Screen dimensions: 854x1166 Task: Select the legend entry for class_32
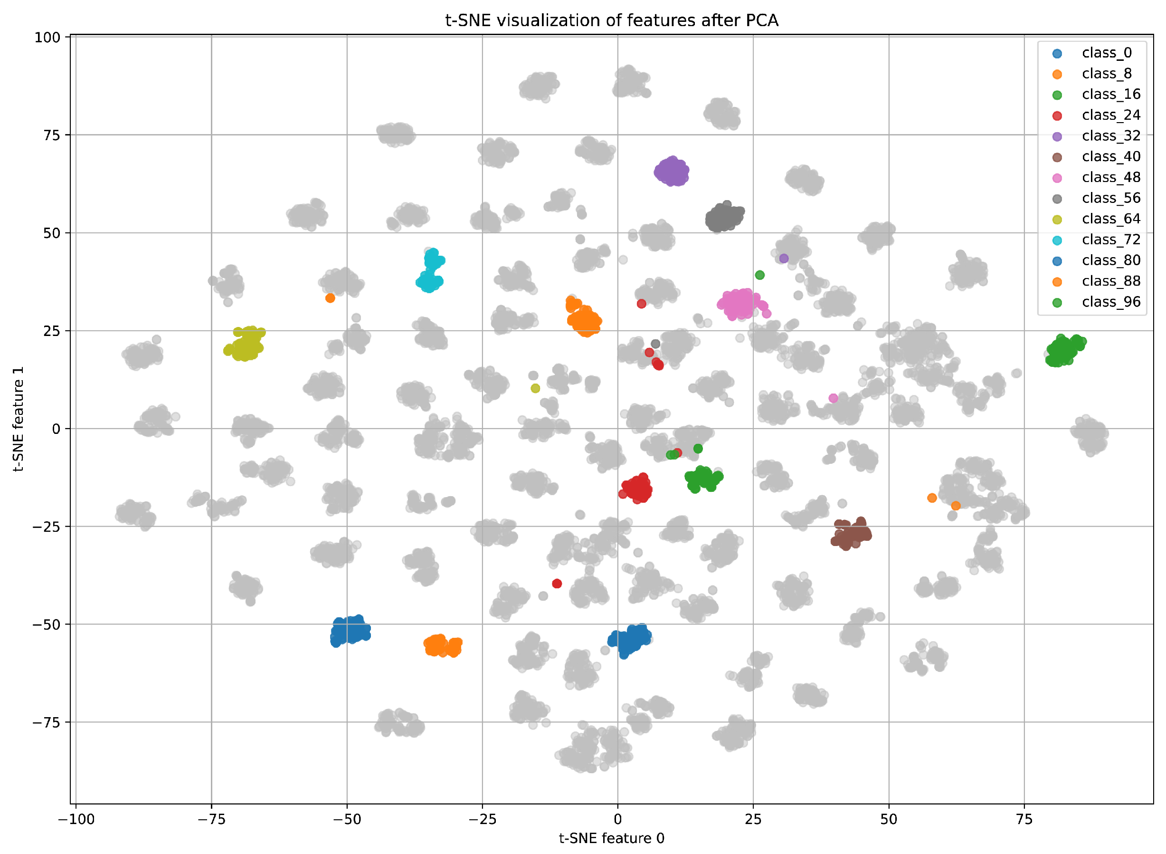pos(1111,136)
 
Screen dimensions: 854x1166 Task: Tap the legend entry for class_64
pos(1111,219)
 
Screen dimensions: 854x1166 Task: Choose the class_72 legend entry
pos(1111,240)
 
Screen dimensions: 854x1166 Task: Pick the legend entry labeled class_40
pos(1111,157)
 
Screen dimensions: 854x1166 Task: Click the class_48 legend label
pos(1111,177)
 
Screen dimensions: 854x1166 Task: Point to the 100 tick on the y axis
pos(47,38)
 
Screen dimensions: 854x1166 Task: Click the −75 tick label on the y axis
pos(46,723)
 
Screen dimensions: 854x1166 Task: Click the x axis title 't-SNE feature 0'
pos(611,838)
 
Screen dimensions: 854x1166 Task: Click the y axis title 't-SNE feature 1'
pos(19,419)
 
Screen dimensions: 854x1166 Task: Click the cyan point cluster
pos(430,271)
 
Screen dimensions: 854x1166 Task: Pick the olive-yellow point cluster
pos(246,344)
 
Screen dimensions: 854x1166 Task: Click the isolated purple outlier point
pos(784,259)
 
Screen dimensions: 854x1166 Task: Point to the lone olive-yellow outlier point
pos(535,388)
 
